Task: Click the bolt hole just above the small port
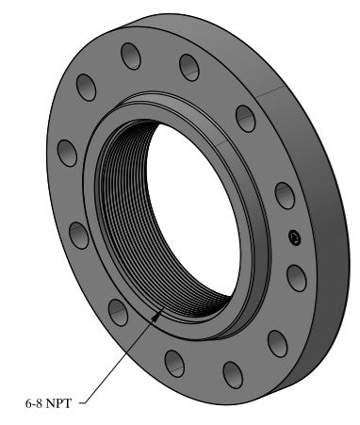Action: point(285,195)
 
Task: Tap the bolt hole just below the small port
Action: point(295,277)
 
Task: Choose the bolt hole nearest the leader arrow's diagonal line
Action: point(119,312)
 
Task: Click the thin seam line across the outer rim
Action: point(273,91)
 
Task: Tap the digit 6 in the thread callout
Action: point(28,403)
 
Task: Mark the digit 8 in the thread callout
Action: point(39,403)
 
